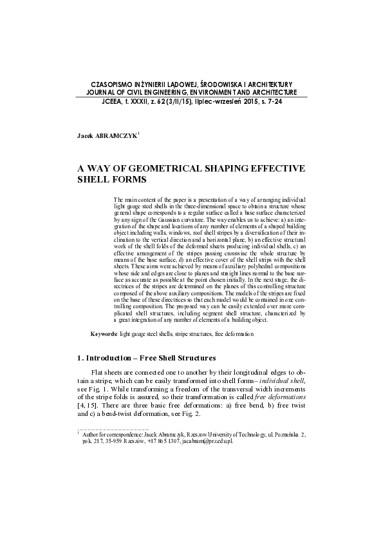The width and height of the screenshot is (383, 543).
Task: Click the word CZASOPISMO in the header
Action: point(116,84)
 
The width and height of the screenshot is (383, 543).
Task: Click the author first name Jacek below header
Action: point(86,137)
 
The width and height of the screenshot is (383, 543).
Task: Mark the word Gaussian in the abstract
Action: point(163,220)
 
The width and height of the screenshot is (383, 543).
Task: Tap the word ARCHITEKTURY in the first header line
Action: point(265,84)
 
